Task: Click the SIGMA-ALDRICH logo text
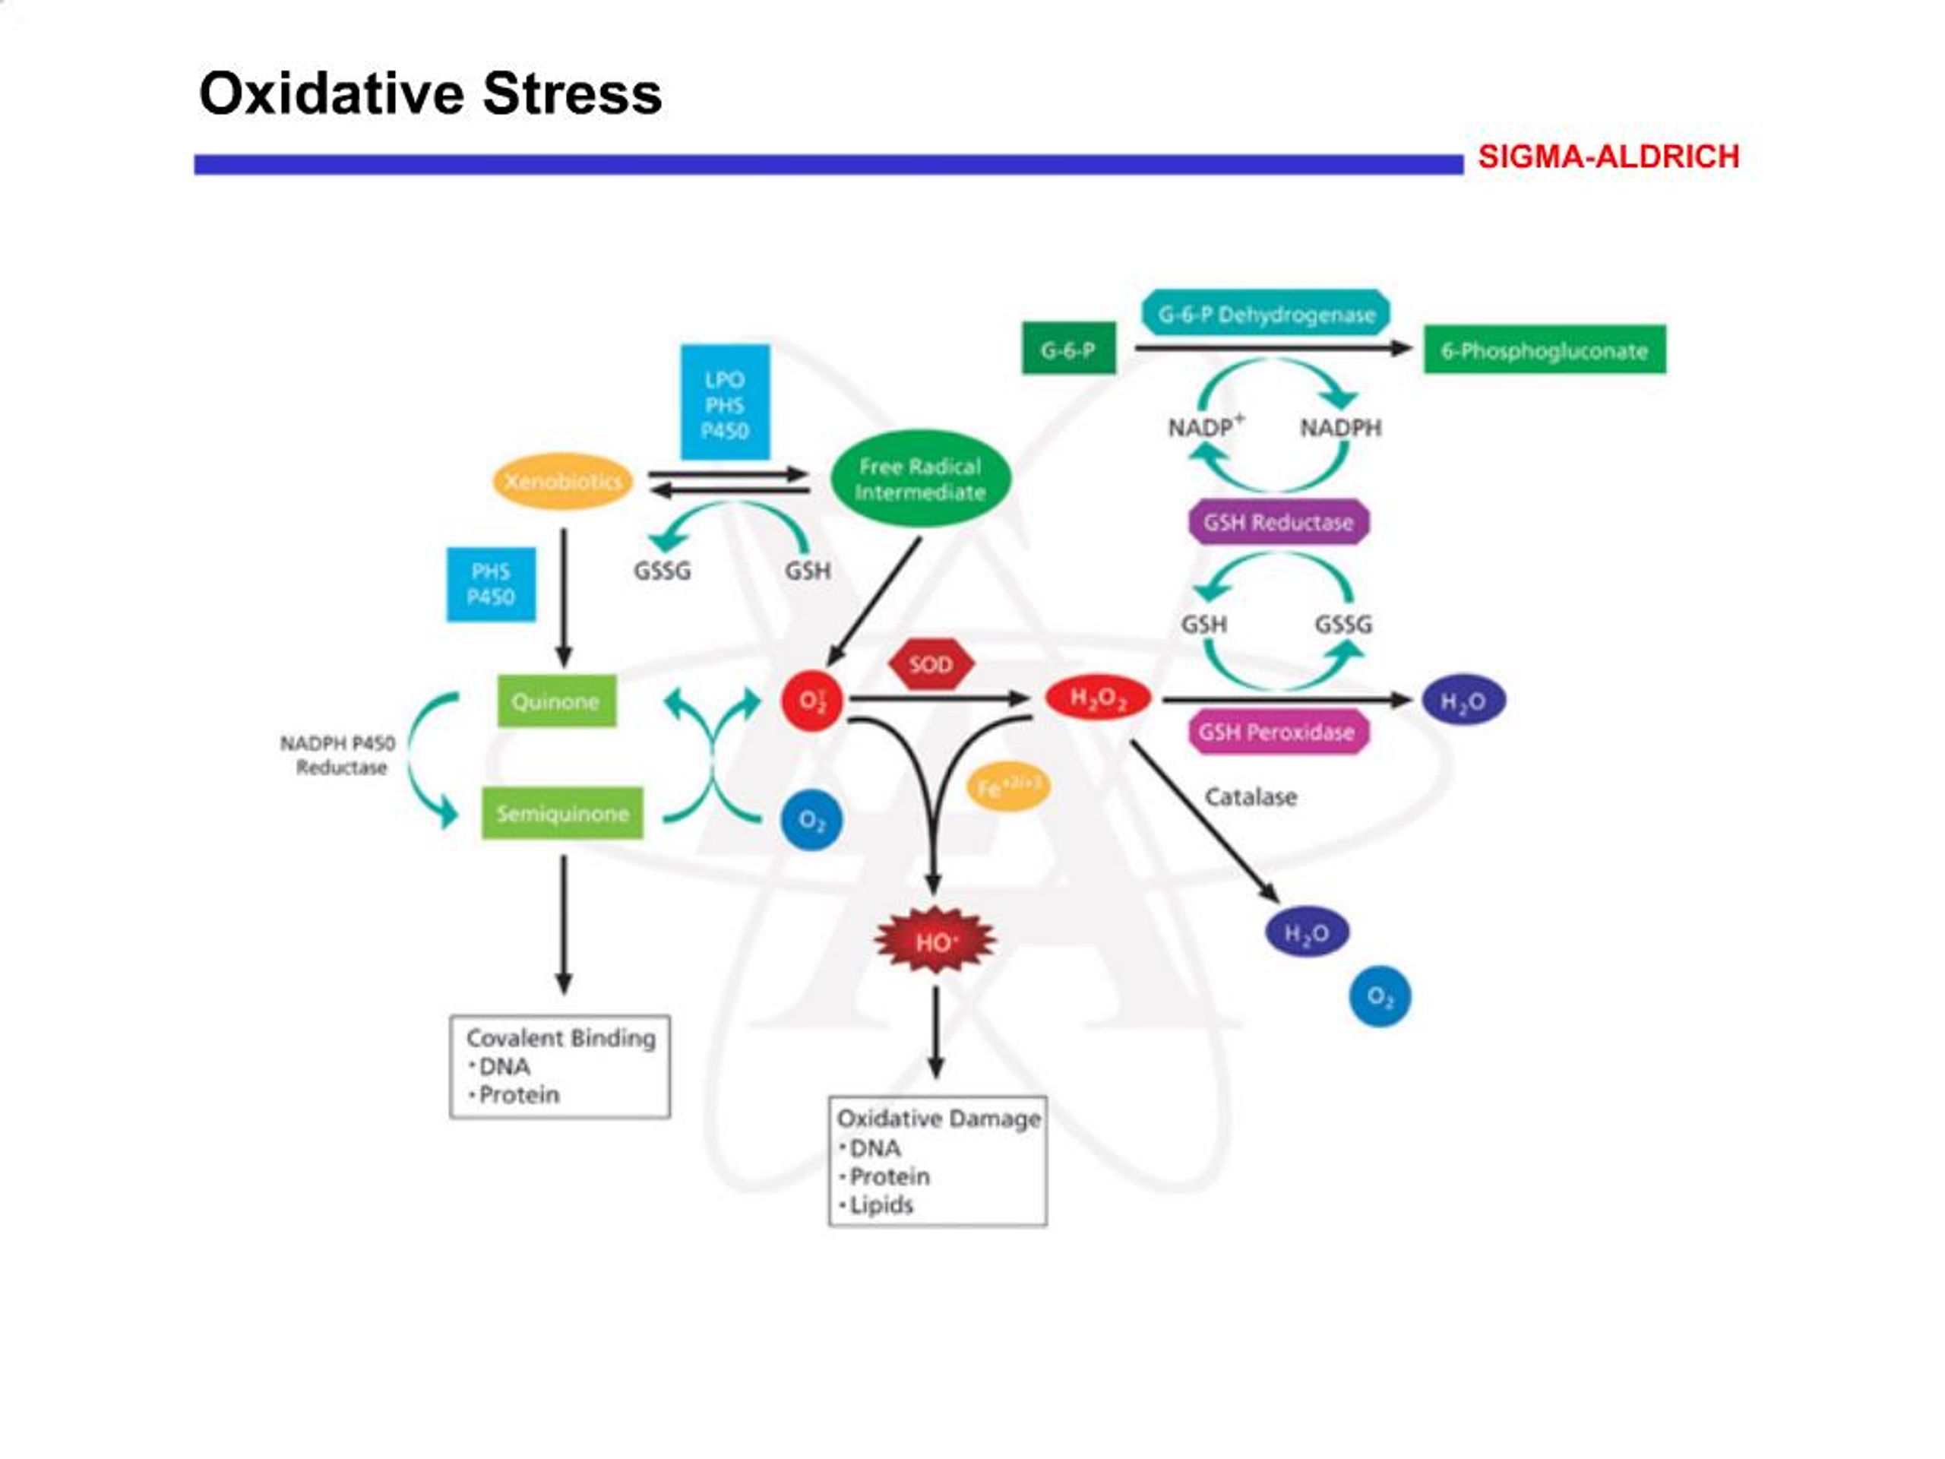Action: coord(1608,157)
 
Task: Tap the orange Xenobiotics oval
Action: coord(563,481)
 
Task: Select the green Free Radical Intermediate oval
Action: coord(921,479)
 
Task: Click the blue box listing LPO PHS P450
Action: coord(725,403)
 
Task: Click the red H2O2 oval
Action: coord(1097,699)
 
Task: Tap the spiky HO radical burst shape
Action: coord(935,941)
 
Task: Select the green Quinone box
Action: coord(557,701)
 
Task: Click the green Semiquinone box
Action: coord(562,812)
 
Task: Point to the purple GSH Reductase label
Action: coord(1279,522)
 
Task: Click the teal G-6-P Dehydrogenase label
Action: coord(1267,314)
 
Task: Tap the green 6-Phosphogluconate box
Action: coord(1544,350)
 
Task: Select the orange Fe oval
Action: coord(1007,785)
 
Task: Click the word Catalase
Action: coord(1251,797)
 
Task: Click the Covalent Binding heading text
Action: coord(561,1039)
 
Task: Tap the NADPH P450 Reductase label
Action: coord(339,755)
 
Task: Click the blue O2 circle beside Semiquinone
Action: coord(811,821)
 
